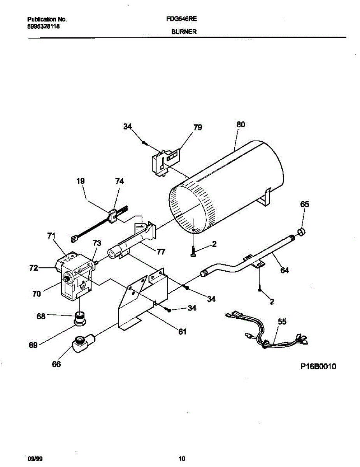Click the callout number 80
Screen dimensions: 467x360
(241, 125)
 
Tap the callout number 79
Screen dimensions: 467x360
(198, 128)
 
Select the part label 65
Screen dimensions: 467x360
(304, 204)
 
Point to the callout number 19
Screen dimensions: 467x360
(81, 181)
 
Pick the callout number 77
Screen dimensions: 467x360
(160, 252)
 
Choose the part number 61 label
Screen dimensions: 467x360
(182, 332)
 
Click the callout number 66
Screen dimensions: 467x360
(56, 364)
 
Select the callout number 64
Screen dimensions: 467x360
(285, 270)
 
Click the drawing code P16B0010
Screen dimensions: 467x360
(318, 367)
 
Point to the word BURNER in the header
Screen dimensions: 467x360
(184, 32)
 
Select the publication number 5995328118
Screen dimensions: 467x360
(44, 27)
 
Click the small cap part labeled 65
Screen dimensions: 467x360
(301, 232)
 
